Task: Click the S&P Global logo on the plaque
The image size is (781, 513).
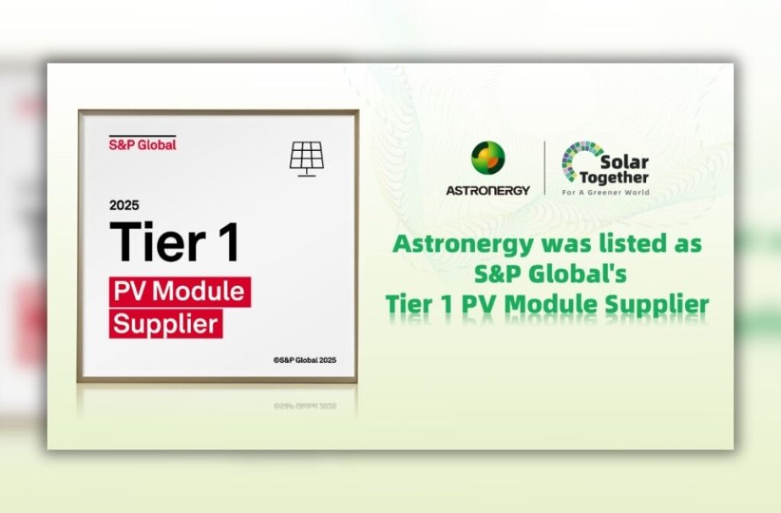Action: coord(143,143)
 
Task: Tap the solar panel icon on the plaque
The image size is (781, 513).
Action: coord(307,159)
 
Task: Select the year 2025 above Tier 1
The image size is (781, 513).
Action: coord(124,205)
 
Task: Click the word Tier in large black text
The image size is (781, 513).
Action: coord(157,242)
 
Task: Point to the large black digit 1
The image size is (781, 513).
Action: coord(230,242)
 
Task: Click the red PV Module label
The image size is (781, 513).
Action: coord(179,292)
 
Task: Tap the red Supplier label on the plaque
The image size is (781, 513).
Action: coord(166,323)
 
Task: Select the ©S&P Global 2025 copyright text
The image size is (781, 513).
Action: coord(304,360)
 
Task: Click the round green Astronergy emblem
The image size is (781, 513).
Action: coord(488,158)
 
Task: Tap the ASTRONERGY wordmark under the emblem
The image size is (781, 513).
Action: coord(487,190)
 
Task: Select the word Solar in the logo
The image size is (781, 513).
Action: coord(624,162)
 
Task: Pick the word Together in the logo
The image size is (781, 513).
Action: coord(614,178)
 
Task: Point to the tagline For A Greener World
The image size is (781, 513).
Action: coord(605,192)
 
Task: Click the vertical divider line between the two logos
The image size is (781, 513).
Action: coord(545,168)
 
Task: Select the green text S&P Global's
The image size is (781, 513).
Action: coord(551,274)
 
